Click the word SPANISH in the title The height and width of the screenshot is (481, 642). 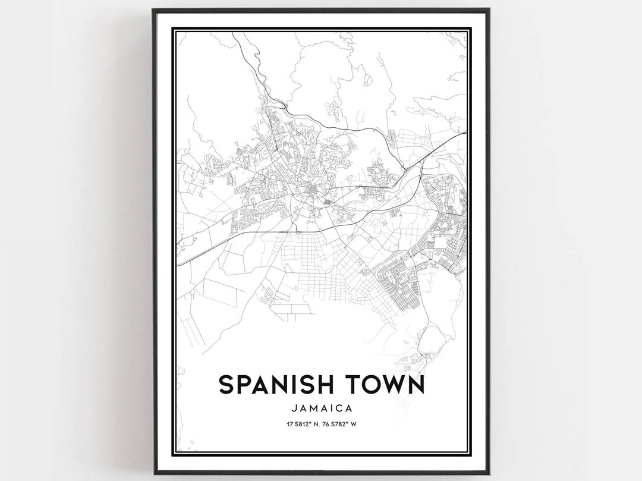pos(279,384)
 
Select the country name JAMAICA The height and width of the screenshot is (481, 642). pos(322,408)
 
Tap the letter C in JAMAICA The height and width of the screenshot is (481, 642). pos(341,408)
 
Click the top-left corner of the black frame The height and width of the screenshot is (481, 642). pos(153,10)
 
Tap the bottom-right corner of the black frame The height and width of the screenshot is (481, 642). pos(489,473)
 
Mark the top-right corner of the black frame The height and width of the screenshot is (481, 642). pos(489,10)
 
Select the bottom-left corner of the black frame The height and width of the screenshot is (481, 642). pos(153,473)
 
